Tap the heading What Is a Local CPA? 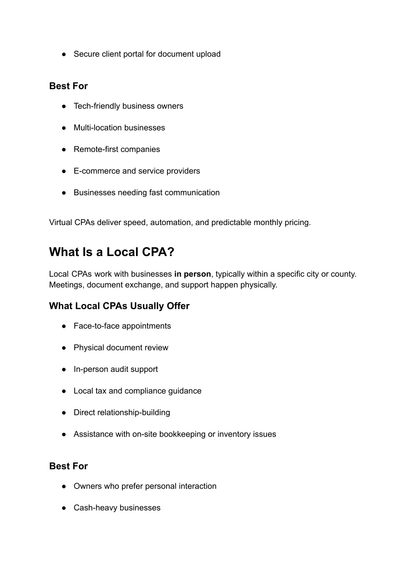[112, 252]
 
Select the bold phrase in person [192, 274]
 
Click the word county [343, 274]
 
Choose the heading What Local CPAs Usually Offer [119, 306]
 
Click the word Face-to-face [97, 326]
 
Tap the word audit [122, 369]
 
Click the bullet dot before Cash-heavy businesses [64, 508]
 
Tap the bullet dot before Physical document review [64, 348]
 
